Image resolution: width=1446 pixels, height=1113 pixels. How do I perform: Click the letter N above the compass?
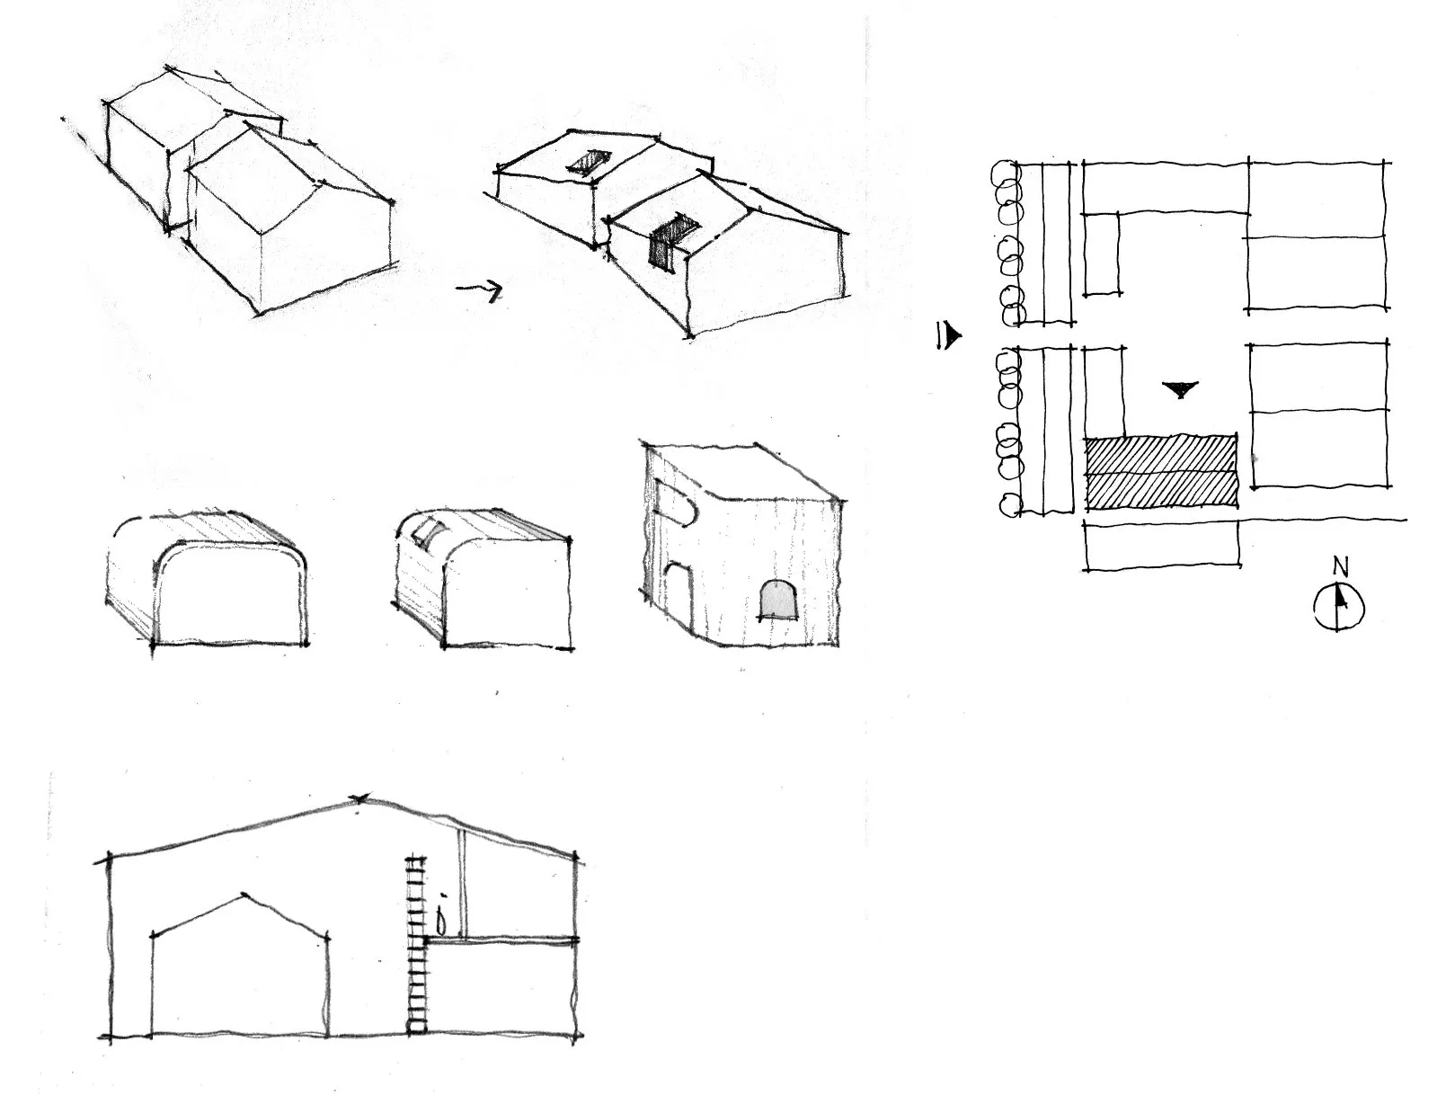pos(1340,568)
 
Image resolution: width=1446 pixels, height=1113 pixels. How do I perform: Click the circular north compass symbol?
pos(1339,606)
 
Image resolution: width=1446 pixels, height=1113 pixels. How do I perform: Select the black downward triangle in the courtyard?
pos(1180,388)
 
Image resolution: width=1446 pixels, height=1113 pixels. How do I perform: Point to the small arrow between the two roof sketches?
pos(479,289)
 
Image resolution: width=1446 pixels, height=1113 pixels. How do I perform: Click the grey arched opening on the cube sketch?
pos(779,599)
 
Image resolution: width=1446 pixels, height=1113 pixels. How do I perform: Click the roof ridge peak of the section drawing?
pos(360,798)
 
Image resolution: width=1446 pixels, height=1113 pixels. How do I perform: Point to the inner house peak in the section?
pos(244,892)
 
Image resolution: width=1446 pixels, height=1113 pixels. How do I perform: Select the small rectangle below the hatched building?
pos(1162,545)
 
